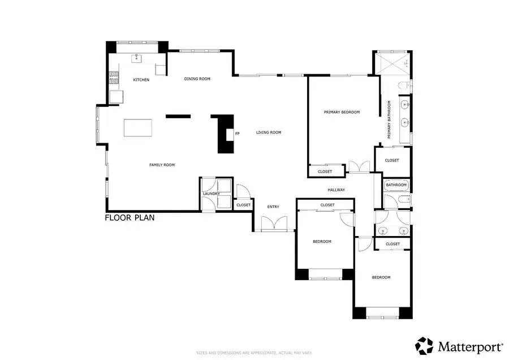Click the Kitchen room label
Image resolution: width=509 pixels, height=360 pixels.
coord(141,80)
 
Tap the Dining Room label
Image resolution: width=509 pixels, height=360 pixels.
coord(197,79)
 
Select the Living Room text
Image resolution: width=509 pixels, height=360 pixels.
coord(268,132)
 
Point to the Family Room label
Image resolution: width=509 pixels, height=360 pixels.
coord(162,165)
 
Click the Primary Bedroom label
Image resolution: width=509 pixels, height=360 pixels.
coord(342,112)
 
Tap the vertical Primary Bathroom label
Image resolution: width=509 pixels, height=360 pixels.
coord(389,119)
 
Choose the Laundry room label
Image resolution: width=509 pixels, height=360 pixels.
coord(211,194)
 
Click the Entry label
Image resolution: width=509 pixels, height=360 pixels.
coord(273,207)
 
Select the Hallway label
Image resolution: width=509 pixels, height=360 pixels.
coord(336,190)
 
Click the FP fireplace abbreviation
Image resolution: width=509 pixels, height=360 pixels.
coord(238,134)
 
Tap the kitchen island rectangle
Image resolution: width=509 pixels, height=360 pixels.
coord(139,128)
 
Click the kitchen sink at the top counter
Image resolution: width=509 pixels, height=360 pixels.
coord(137,58)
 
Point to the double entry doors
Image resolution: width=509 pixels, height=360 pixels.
coord(274,225)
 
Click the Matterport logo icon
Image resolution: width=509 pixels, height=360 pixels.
coord(424,345)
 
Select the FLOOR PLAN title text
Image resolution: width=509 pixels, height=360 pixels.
coord(130,217)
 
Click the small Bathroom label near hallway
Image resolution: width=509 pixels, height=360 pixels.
coord(396,185)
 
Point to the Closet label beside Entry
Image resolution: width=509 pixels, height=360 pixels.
coord(243,205)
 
